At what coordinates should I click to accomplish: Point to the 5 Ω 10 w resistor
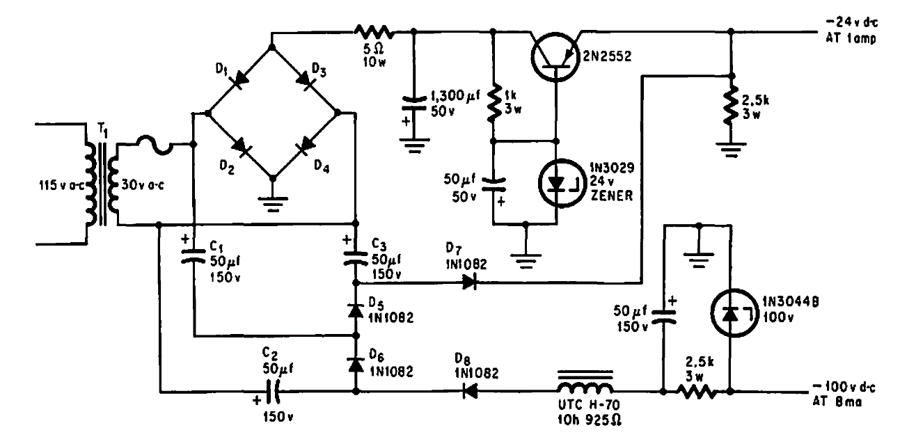tap(374, 31)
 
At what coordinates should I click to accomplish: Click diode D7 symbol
tap(468, 283)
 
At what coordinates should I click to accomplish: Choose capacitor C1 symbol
tap(193, 257)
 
